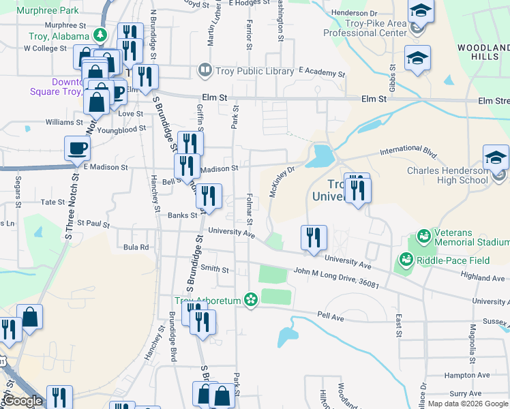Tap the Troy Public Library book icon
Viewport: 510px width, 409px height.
pyautogui.click(x=204, y=70)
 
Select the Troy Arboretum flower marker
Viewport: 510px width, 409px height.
pyautogui.click(x=251, y=300)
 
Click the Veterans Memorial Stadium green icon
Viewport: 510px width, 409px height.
pyautogui.click(x=423, y=237)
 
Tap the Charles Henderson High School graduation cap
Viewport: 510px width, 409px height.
pyautogui.click(x=496, y=158)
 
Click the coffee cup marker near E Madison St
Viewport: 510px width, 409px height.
pyautogui.click(x=77, y=148)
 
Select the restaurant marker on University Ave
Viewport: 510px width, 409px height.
pyautogui.click(x=314, y=238)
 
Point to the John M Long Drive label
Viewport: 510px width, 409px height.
pyautogui.click(x=336, y=276)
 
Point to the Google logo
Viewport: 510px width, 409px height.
pyautogui.click(x=22, y=402)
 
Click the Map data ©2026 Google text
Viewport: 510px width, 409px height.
pyautogui.click(x=467, y=404)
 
